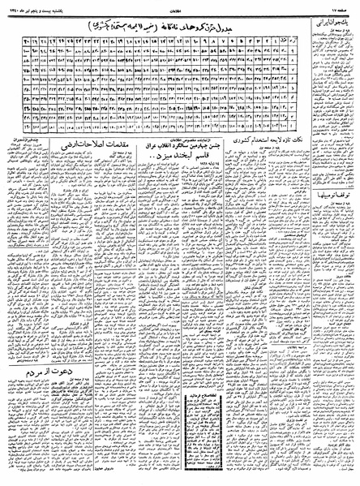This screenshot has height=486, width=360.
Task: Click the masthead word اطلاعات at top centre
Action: [x=179, y=6]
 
